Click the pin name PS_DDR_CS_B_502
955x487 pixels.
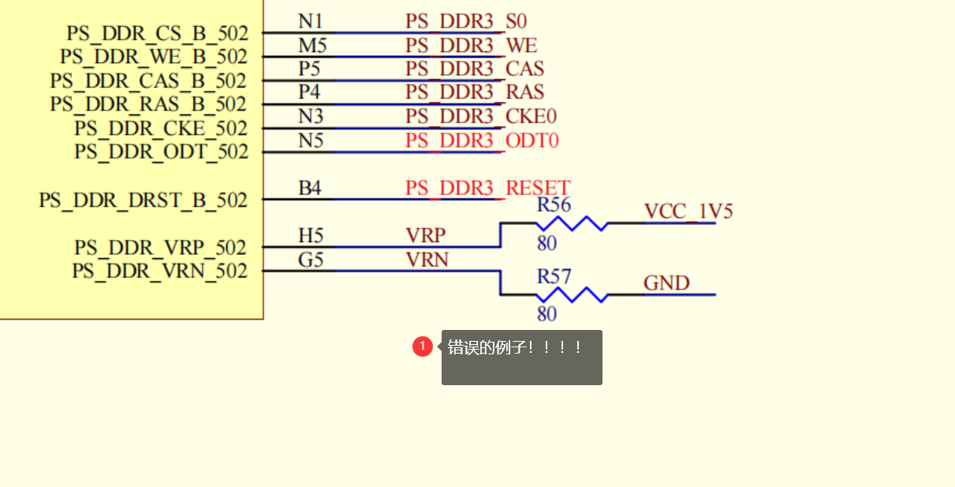(x=157, y=34)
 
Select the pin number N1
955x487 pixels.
(x=310, y=21)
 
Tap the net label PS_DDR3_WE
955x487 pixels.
(x=471, y=45)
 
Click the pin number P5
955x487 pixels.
(x=310, y=69)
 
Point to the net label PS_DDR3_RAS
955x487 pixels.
(x=474, y=92)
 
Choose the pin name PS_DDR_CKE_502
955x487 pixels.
(x=161, y=128)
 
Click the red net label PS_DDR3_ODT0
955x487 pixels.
(x=482, y=140)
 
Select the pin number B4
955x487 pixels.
(x=309, y=188)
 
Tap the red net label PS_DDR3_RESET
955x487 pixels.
(x=487, y=188)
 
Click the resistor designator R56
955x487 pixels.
(x=554, y=205)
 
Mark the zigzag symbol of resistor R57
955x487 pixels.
(x=572, y=295)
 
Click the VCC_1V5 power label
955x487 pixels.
(x=688, y=212)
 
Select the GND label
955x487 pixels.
(x=666, y=283)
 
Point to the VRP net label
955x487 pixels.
(x=425, y=235)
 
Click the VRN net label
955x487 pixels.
(x=427, y=259)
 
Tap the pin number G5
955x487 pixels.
(x=310, y=259)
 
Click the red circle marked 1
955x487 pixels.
(x=422, y=346)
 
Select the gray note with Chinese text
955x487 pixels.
(x=521, y=358)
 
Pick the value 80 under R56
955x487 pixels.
(x=547, y=243)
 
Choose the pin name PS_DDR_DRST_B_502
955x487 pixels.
(x=143, y=200)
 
